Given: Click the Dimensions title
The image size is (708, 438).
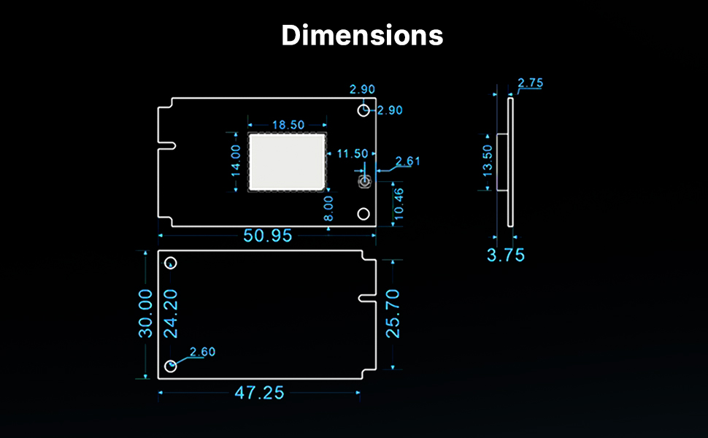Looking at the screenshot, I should click(x=362, y=35).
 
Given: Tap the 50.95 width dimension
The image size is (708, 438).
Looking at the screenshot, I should click(x=268, y=236).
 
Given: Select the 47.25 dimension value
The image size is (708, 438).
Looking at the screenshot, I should click(x=259, y=393).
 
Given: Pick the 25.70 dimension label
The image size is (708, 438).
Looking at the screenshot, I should click(x=393, y=313).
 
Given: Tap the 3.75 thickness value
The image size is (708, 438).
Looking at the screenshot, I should click(x=506, y=255).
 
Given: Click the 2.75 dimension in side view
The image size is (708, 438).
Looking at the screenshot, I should click(x=531, y=82).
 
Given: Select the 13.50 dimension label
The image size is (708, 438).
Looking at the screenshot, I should click(x=488, y=160).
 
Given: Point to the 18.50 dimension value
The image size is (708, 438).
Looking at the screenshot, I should click(x=288, y=125).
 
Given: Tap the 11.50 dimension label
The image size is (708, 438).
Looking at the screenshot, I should click(x=353, y=153).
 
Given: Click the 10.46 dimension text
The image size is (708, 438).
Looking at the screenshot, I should click(x=398, y=204).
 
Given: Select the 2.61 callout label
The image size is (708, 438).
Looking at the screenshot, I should click(x=408, y=161).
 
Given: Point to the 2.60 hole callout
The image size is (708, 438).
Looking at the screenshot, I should click(x=202, y=352).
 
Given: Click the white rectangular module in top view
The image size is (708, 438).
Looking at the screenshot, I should click(x=288, y=161).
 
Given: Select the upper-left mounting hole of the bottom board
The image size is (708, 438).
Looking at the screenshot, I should click(x=171, y=263).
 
